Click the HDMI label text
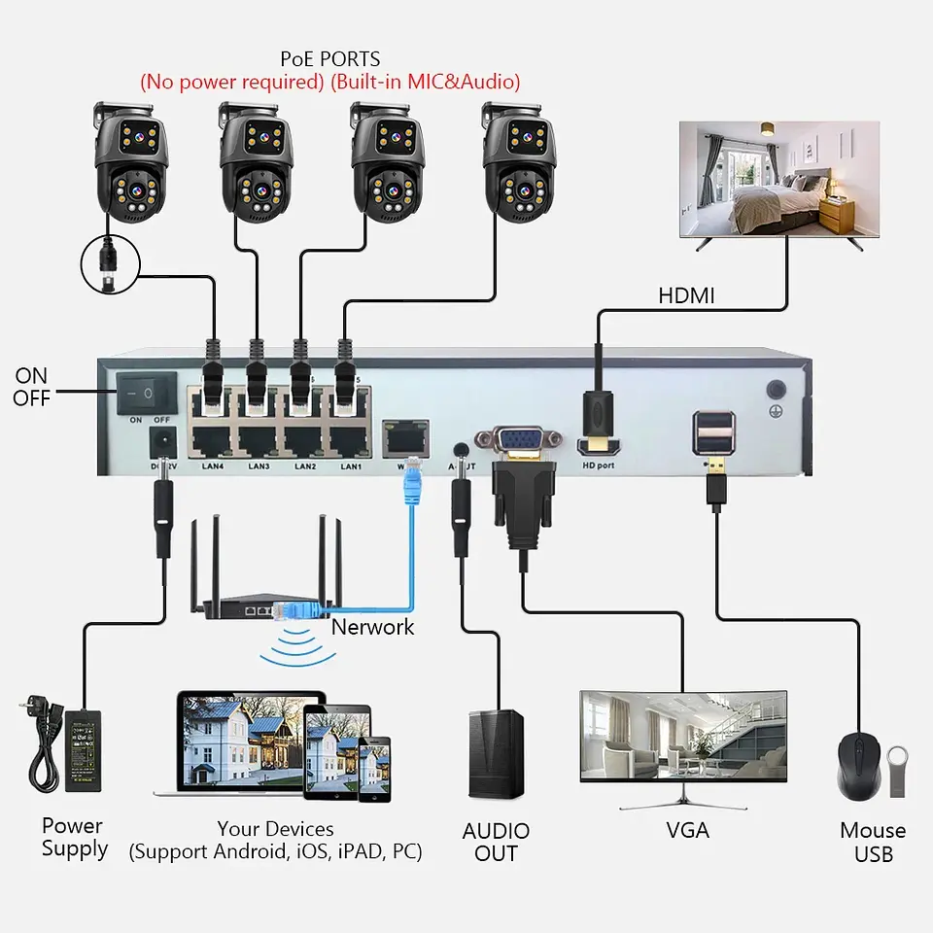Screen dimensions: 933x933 (x=686, y=295)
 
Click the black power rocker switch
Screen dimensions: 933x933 (x=147, y=393)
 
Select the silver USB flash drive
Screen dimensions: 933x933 (x=897, y=772)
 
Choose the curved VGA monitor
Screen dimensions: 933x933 (x=682, y=735)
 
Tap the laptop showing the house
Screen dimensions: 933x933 (x=252, y=743)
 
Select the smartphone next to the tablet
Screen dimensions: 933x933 (x=374, y=769)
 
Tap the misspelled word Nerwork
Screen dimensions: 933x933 (x=372, y=627)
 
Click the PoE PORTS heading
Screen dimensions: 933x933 (x=329, y=59)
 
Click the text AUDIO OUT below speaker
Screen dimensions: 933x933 (x=496, y=843)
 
